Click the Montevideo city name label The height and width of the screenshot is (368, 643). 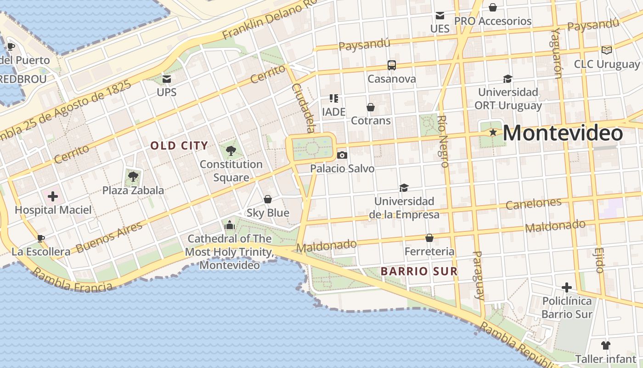click(563, 133)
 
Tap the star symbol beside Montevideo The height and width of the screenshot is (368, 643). click(493, 132)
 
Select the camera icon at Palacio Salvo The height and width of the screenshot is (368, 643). click(342, 155)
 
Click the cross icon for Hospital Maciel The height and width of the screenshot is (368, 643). click(53, 197)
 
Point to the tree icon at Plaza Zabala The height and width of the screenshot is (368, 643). click(133, 176)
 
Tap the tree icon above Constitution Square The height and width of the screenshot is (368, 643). click(231, 150)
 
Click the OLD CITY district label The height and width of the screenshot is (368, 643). click(179, 146)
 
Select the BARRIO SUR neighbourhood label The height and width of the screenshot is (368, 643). click(419, 271)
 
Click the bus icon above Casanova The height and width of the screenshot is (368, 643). click(391, 65)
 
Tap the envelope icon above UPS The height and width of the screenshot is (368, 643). click(166, 79)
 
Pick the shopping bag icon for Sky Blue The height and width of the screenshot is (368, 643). click(268, 199)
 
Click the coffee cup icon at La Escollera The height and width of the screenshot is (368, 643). click(41, 238)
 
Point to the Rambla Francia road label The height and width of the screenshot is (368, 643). click(72, 281)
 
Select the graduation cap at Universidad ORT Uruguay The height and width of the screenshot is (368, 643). click(508, 79)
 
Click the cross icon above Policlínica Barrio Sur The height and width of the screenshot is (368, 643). click(567, 287)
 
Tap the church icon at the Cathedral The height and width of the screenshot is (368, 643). click(229, 225)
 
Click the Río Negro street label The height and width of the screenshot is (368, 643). click(443, 141)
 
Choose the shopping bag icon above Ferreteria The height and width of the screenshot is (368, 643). click(429, 238)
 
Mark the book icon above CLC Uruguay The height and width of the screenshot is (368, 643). click(606, 50)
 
